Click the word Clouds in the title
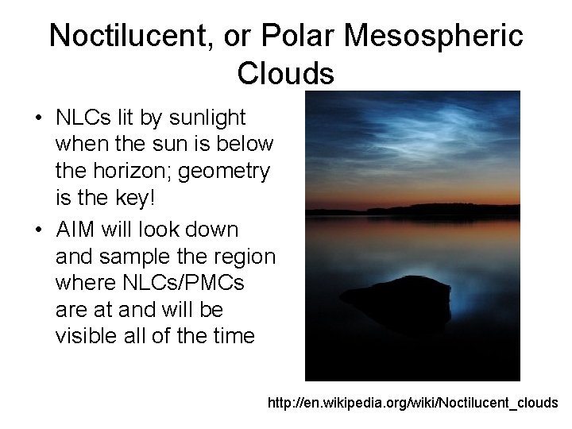(x=285, y=73)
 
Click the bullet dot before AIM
(x=38, y=230)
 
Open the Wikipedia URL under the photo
(x=413, y=403)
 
